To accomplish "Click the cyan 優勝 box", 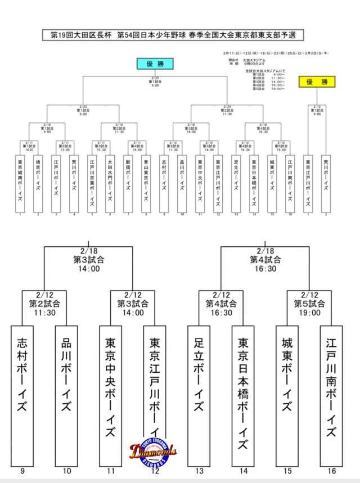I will (154, 64).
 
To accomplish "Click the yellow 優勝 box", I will (316, 82).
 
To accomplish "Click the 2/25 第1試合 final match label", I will (155, 82).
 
